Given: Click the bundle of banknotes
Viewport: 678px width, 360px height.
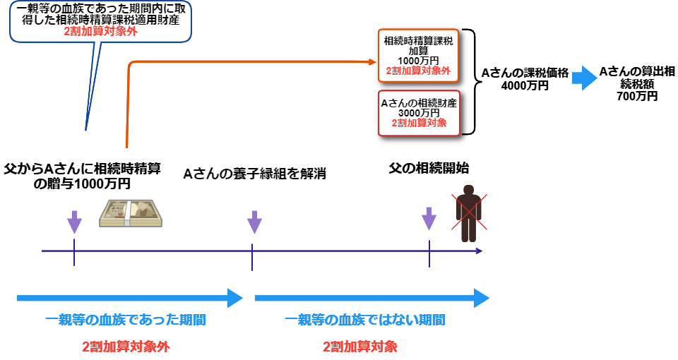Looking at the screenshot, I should pos(130,213).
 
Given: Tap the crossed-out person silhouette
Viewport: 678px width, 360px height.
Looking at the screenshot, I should pos(469,212).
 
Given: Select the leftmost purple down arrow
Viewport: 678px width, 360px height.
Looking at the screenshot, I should pos(74,222).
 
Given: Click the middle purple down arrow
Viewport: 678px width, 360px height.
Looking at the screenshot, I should pos(254,222).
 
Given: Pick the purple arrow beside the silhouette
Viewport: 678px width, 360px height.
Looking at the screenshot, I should pos(429,218).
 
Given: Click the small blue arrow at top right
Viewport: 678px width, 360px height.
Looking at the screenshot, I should pos(585,78).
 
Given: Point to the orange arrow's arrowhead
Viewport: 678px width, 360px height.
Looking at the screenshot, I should pos(373,62).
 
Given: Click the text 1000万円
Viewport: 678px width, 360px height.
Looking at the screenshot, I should pos(418,61).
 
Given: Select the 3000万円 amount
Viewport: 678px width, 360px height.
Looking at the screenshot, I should pos(419,113).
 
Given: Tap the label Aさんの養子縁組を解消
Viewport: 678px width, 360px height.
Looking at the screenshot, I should pos(254,174).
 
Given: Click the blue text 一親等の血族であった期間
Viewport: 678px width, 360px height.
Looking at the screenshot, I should pos(125,320).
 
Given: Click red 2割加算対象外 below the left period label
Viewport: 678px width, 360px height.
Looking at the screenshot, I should pos(125,347).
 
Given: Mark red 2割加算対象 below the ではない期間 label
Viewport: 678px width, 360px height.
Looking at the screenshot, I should pos(359,347).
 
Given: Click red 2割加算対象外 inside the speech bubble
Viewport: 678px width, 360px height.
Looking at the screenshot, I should pos(100,32).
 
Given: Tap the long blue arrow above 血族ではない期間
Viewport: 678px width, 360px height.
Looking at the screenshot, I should pos(371,298).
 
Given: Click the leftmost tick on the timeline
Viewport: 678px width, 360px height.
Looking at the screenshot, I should pos(74,251).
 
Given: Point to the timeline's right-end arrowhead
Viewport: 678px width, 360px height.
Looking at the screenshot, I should pos(480,251).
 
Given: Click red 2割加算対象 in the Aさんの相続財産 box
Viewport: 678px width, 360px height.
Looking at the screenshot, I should pos(419,123).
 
